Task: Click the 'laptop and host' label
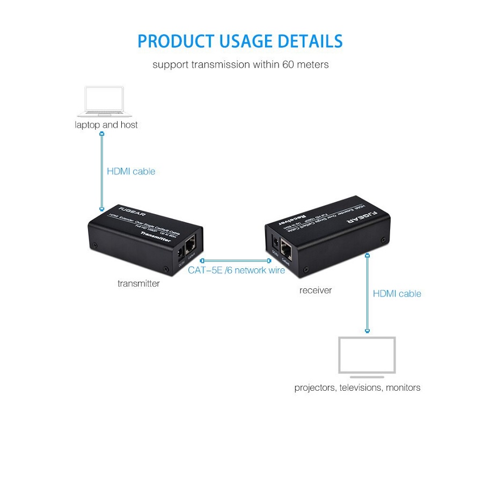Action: [106, 125]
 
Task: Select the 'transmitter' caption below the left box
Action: [138, 283]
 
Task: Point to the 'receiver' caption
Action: [316, 290]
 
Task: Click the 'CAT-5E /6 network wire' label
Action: [236, 270]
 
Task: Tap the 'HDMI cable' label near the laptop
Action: [131, 172]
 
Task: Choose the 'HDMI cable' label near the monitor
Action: [397, 294]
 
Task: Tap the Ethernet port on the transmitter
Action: [191, 247]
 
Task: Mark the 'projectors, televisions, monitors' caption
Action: [357, 387]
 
